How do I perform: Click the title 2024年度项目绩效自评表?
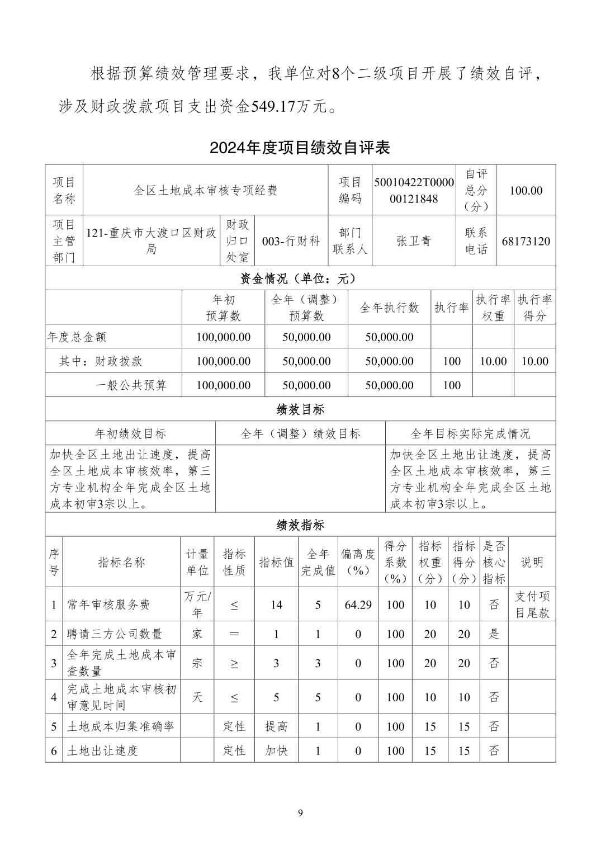[x=300, y=148]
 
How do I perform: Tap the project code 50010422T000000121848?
[x=414, y=190]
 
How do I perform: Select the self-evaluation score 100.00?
[x=526, y=190]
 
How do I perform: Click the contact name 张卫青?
[x=414, y=241]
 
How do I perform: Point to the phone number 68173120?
[x=526, y=241]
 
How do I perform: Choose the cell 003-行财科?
[x=291, y=241]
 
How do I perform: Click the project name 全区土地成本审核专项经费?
[x=205, y=190]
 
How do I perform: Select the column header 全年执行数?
[x=389, y=308]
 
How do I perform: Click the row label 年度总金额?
[x=77, y=337]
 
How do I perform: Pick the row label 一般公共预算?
[x=131, y=385]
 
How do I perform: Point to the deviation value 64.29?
[x=358, y=605]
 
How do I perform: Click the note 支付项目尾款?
[x=532, y=605]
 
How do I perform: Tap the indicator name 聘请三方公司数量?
[x=115, y=634]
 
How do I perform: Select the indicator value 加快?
[x=276, y=750]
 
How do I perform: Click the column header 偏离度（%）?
[x=358, y=562]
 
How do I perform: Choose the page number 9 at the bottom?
[x=300, y=813]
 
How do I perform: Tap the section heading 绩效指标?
[x=300, y=525]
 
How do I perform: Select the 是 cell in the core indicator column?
[x=494, y=634]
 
